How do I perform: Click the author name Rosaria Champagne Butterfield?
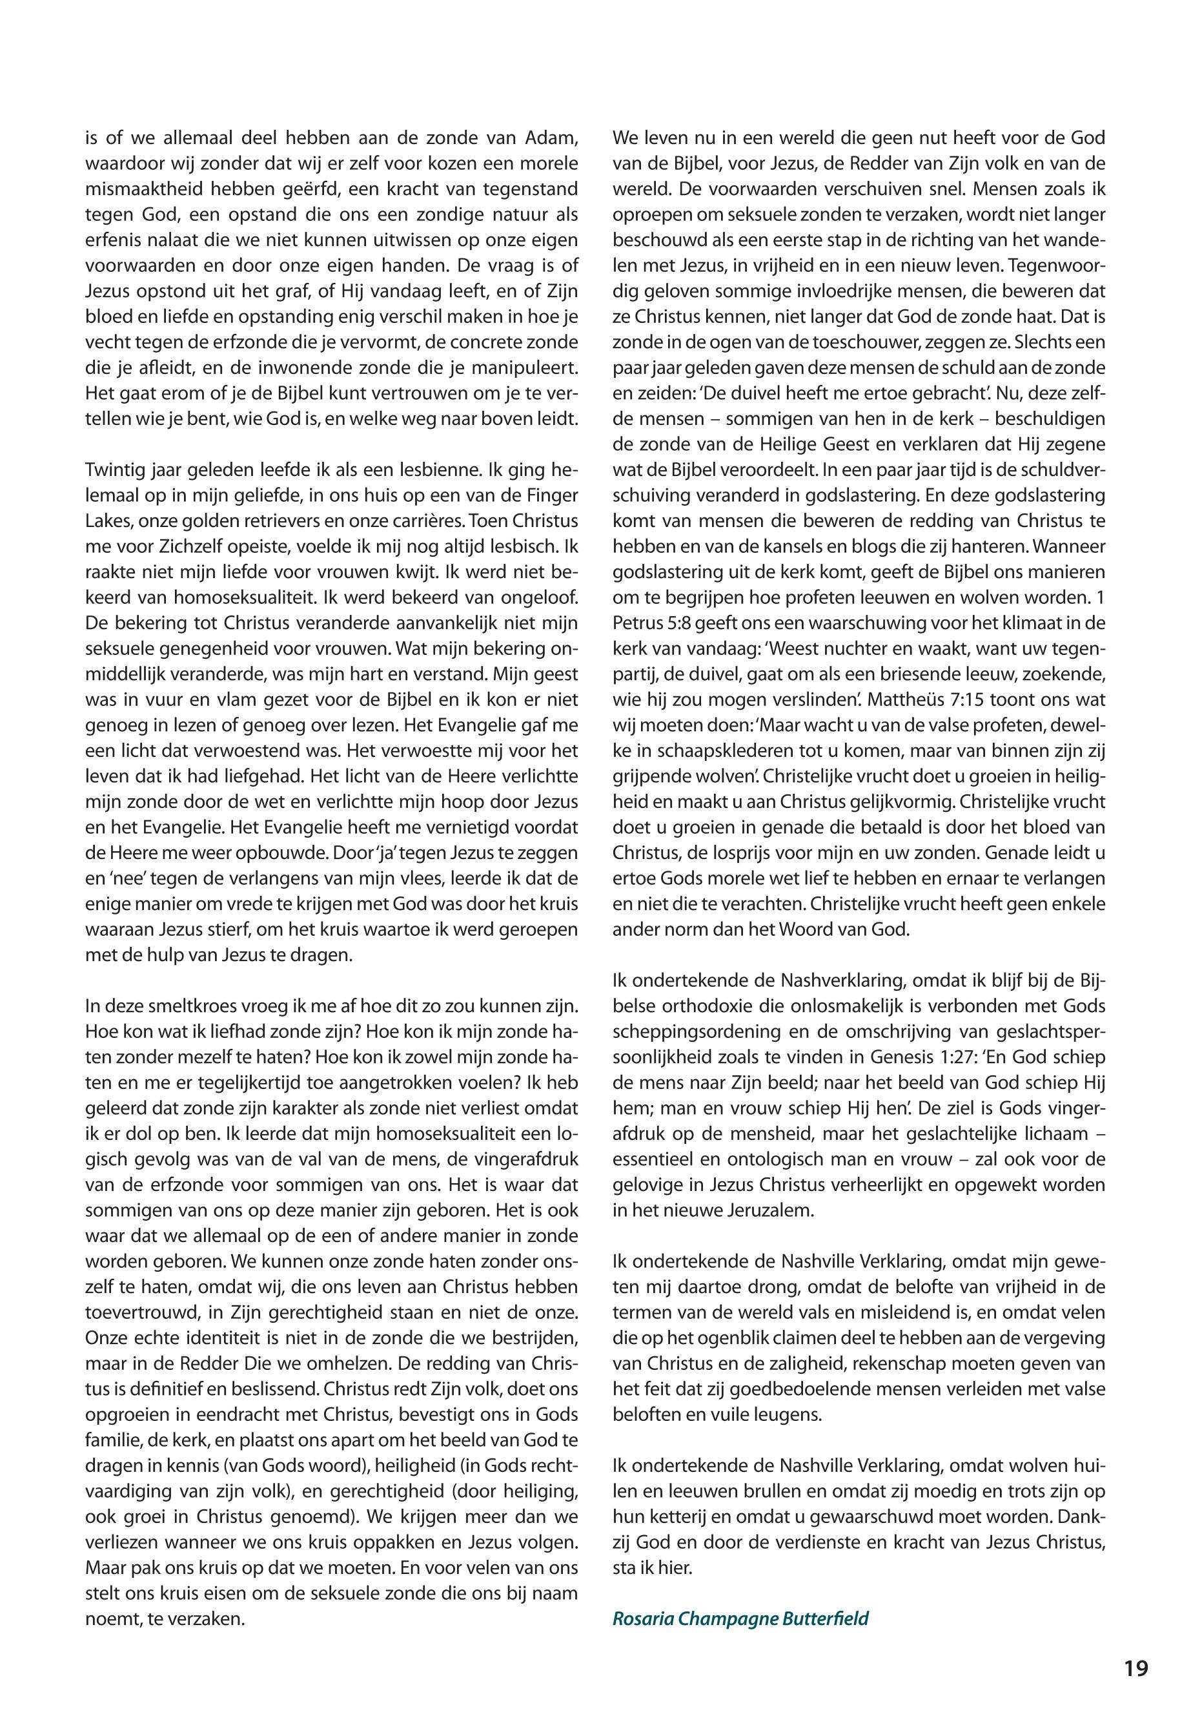pos(740,1619)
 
